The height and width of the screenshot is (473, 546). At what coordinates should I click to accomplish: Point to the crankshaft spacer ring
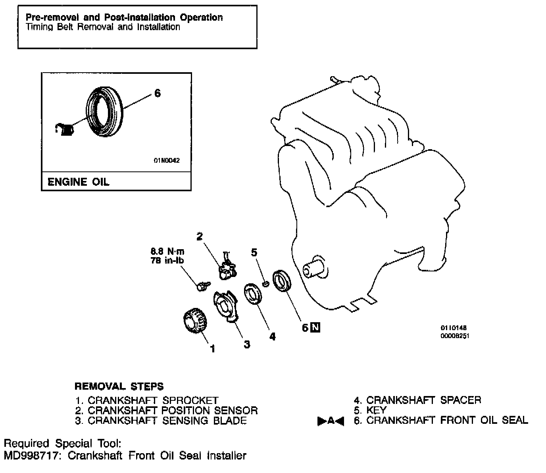point(253,294)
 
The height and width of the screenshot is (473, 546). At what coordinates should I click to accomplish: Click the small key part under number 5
point(266,283)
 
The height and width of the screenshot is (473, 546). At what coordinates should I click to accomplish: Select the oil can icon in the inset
point(65,129)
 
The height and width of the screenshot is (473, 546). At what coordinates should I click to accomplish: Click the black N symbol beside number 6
point(315,327)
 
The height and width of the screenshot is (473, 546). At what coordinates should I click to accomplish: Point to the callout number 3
point(247,344)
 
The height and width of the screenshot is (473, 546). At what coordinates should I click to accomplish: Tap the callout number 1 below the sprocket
point(213,349)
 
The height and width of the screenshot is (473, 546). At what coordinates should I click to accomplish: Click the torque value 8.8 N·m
point(167,251)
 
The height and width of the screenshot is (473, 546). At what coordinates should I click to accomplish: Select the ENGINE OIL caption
point(78,182)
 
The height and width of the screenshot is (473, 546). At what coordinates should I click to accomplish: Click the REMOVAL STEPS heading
point(119,386)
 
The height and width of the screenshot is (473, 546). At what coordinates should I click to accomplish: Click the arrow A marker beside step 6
point(331,421)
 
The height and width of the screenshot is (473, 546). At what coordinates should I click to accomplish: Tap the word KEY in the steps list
point(376,410)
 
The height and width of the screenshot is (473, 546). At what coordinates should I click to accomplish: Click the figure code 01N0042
point(167,161)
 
